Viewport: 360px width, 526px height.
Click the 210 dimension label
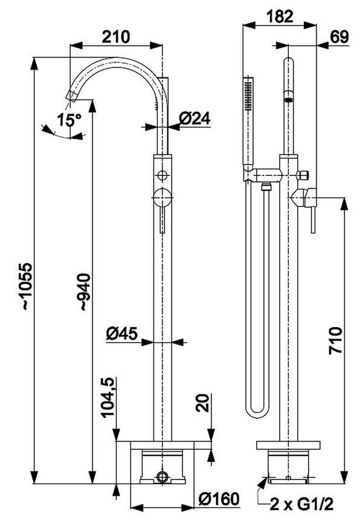point(115,36)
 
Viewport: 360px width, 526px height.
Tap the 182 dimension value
point(279,16)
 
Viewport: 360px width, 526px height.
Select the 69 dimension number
point(339,36)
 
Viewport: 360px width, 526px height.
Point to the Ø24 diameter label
point(194,118)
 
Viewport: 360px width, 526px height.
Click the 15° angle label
point(69,120)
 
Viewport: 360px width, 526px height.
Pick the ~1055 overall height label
point(26,286)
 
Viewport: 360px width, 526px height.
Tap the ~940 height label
point(85,292)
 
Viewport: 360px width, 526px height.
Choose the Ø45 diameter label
point(122,334)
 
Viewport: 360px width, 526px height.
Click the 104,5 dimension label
point(108,397)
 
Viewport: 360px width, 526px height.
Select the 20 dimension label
point(202,403)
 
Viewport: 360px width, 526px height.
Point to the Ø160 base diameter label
point(219,499)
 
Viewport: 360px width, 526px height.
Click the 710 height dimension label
point(335,340)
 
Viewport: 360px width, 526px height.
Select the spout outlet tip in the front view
point(72,96)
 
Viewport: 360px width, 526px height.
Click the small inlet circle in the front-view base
point(162,476)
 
